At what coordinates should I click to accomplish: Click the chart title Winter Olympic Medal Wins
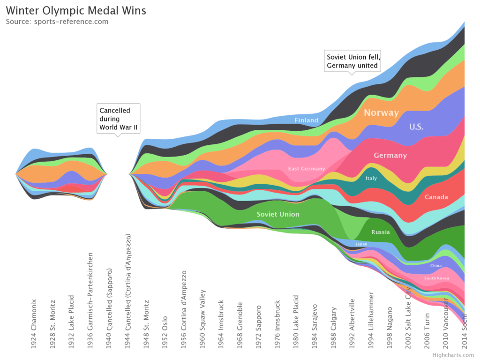point(76,10)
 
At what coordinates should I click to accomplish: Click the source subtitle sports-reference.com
point(57,22)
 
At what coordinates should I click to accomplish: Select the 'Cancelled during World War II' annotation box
point(119,119)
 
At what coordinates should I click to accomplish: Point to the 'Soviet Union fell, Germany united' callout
point(352,61)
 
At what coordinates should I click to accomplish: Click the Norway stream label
point(381,112)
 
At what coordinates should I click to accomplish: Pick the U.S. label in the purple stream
point(416,127)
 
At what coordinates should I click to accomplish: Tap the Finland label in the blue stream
point(306,120)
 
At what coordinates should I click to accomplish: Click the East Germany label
point(306,169)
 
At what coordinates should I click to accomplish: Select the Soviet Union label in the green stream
point(278,214)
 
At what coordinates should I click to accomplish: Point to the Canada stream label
point(436,197)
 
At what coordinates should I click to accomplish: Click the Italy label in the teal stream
point(371,178)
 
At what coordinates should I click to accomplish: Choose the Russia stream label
point(380,232)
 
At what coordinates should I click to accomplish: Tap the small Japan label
point(361,244)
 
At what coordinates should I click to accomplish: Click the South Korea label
point(436,278)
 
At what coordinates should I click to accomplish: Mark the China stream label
point(435,266)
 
